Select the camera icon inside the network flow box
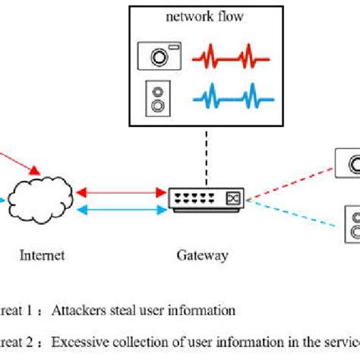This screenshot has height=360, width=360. (160, 56)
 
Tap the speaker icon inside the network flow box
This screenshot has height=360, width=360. (156, 96)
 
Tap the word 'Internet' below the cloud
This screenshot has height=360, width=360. (42, 255)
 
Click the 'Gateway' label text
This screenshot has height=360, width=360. (202, 255)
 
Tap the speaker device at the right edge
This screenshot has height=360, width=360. (352, 223)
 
